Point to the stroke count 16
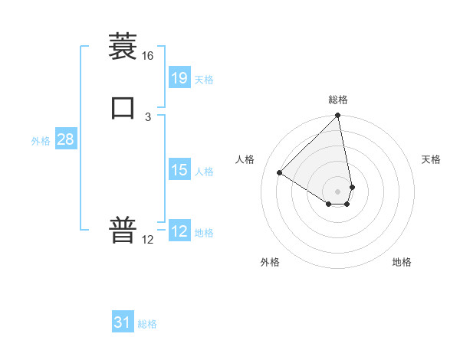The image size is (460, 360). point(147,56)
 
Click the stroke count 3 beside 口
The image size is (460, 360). point(147,116)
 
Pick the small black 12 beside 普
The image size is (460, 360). point(147,240)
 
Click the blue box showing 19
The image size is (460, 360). point(179,77)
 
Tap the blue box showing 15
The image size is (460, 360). point(179,170)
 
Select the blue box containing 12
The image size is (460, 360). point(179,231)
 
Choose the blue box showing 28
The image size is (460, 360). point(65,139)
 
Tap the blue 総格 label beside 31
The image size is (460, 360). point(147,325)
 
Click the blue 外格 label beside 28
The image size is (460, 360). point(41,142)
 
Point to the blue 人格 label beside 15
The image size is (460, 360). point(204,172)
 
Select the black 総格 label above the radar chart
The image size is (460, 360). point(338,100)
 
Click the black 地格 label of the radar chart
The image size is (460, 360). point(402,262)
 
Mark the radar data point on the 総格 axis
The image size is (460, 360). point(338,116)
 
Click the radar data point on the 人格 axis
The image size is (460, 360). point(280,173)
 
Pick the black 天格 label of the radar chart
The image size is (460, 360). point(431,159)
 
